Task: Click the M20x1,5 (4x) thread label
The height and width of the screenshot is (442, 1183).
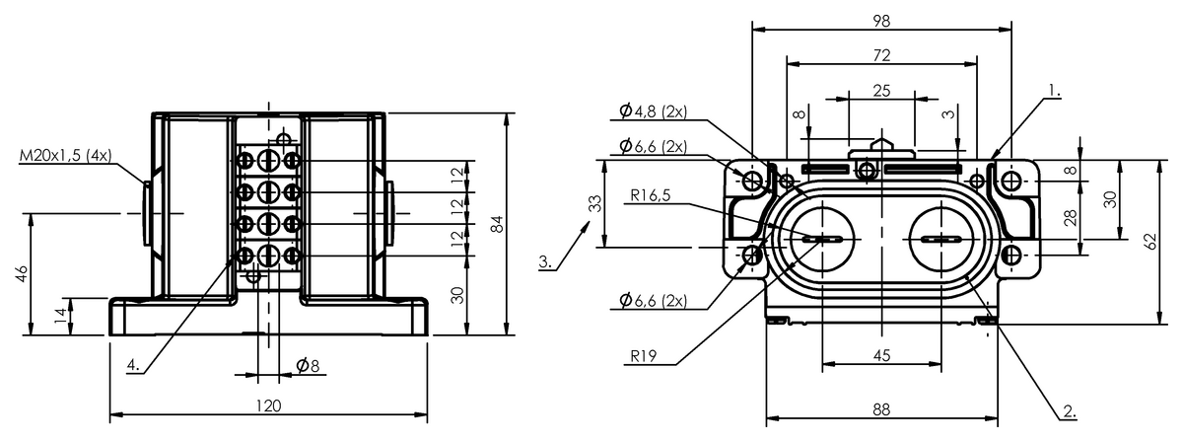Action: point(65,156)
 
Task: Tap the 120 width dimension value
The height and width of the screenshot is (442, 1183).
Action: point(269,406)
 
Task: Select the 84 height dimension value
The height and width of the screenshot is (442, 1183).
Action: point(497,224)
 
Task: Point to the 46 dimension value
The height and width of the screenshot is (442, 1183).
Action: point(22,273)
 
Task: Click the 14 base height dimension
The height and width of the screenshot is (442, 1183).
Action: point(62,316)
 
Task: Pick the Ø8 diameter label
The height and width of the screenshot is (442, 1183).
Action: point(308,365)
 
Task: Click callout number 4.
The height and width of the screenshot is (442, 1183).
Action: point(133,365)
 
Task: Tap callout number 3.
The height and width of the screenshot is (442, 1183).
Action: point(545,261)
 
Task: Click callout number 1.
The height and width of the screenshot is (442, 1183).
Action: point(1054,90)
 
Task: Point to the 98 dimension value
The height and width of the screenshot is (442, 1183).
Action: point(882,21)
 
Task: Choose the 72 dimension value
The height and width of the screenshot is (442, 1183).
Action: point(882,55)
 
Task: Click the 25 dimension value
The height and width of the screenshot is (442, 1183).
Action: point(882,91)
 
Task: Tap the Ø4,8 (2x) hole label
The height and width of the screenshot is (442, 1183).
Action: point(653,111)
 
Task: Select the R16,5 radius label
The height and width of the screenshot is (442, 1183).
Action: point(650,195)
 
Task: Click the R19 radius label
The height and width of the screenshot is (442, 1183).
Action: point(643,356)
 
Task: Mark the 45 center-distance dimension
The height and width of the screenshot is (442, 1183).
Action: point(882,355)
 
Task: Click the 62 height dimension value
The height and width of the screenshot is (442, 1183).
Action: point(1151,241)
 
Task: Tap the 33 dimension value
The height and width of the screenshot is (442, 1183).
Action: point(595,203)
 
